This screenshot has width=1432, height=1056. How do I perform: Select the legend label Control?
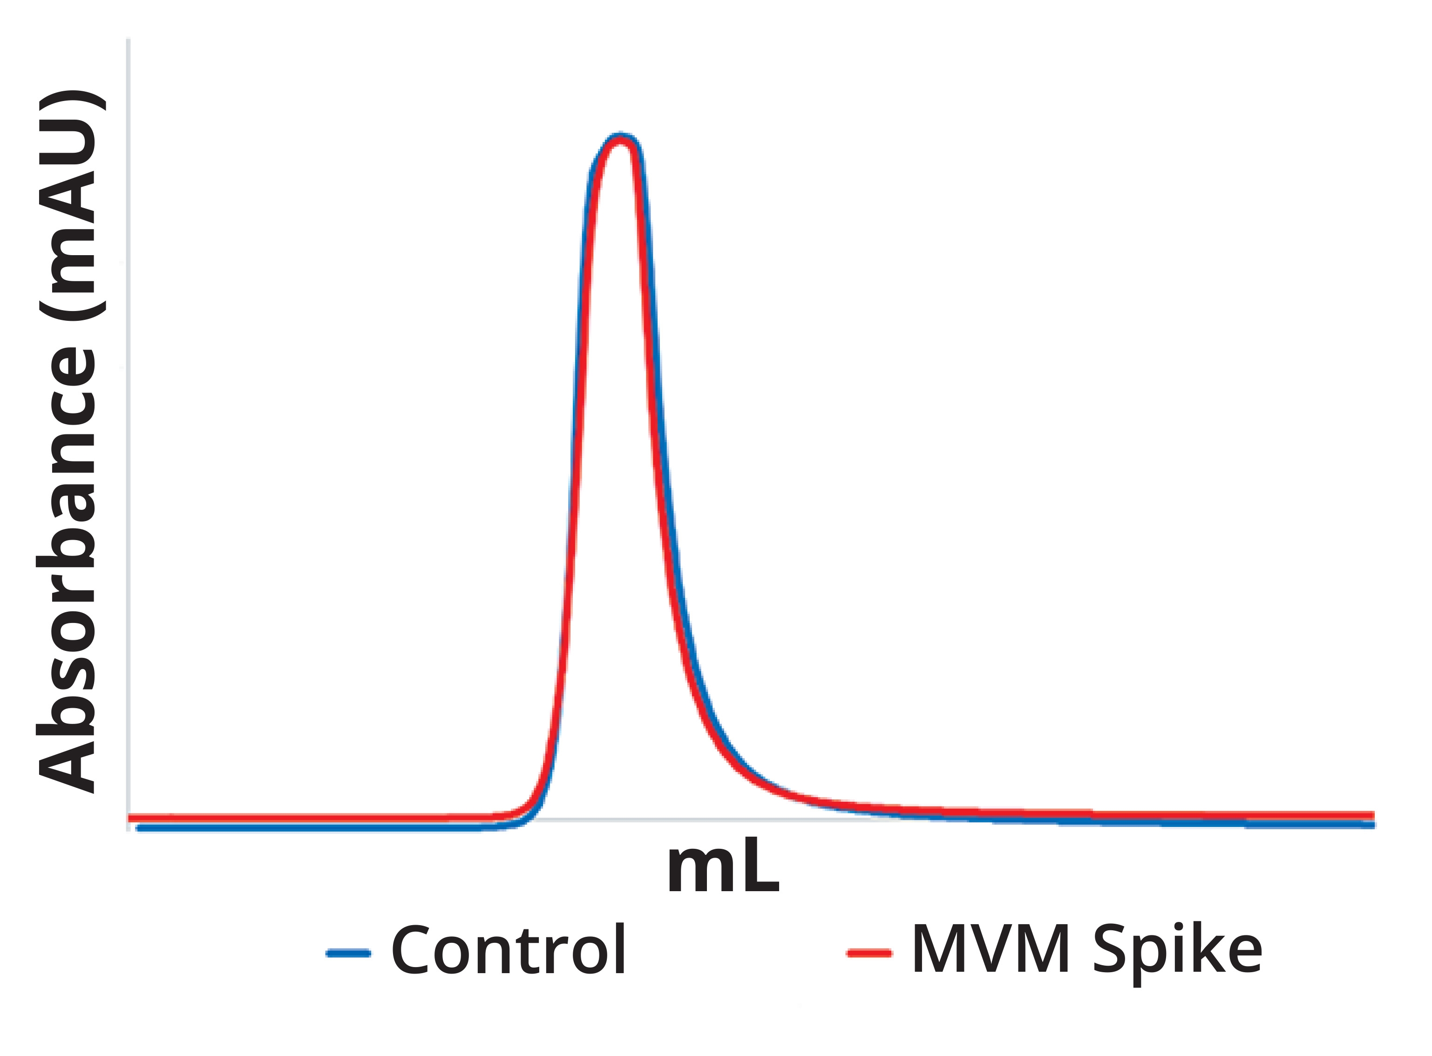point(508,950)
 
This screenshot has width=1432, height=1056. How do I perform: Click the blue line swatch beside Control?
point(348,953)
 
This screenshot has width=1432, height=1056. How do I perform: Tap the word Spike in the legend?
point(1177,950)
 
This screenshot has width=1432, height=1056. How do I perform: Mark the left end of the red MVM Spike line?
point(131,818)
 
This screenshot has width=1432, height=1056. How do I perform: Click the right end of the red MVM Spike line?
point(1372,815)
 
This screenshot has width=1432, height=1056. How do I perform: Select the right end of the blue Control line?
point(1372,825)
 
